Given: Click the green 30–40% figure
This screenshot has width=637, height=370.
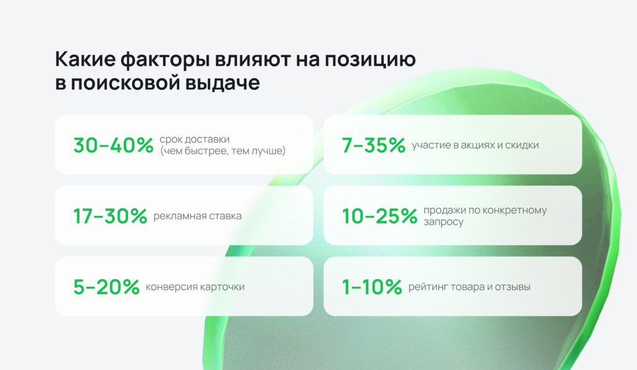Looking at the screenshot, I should coord(113,145).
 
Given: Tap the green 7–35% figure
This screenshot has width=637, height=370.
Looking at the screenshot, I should coord(374,145).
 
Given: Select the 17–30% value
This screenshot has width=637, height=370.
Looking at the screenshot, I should coord(110,216).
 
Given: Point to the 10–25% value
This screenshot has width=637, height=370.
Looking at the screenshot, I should coord(380,216).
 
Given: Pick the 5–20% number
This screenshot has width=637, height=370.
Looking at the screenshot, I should coord(106,287).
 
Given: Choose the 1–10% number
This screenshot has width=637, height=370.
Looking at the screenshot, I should coord(373,287).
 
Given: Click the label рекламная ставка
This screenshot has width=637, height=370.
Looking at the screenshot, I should coord(197,216).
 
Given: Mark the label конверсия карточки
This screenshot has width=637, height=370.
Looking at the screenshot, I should coord(195,287).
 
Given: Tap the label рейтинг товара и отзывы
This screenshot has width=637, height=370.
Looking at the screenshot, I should coord(469,287).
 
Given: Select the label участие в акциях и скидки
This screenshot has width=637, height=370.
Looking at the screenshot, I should coord(475,145).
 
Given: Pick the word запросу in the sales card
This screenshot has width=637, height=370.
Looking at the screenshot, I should coord(443,221).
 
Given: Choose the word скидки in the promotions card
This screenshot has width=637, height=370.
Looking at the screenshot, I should coord(524,145).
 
